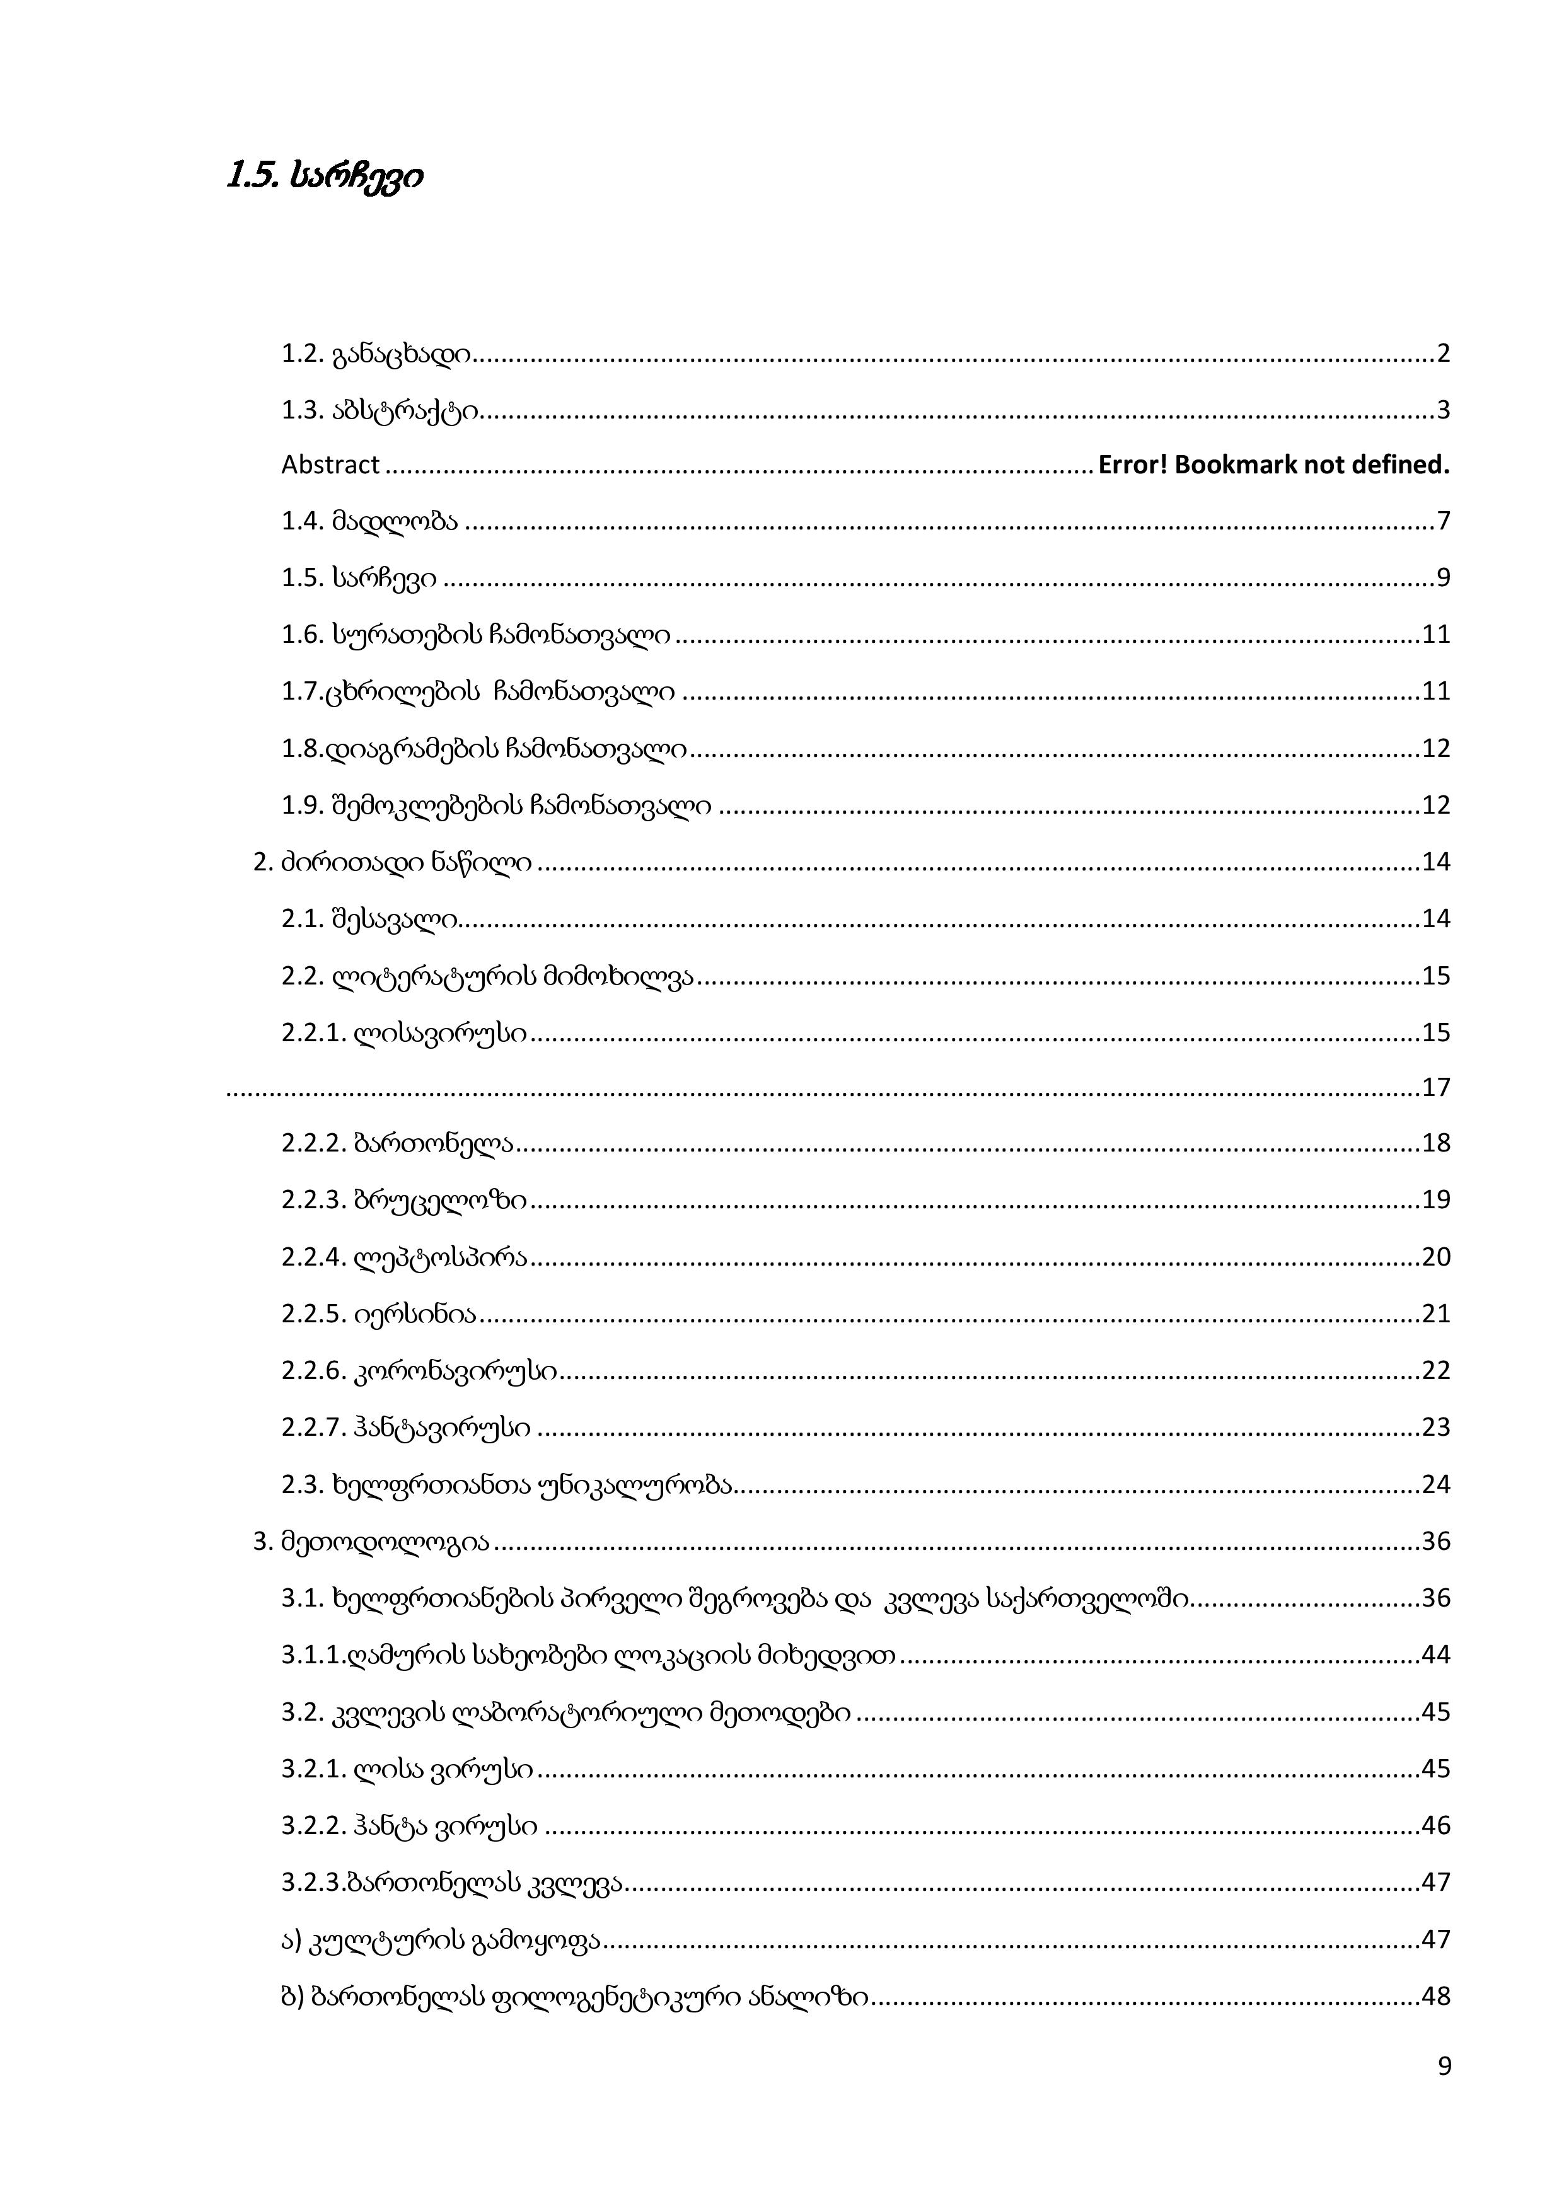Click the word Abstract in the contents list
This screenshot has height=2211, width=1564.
tap(330, 465)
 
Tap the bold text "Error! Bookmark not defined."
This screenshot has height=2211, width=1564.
tap(1273, 465)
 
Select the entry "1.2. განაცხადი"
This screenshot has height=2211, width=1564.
tap(376, 354)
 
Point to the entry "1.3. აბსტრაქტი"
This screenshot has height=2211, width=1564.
tap(379, 411)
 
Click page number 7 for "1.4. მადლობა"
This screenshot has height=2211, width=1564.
tap(1443, 522)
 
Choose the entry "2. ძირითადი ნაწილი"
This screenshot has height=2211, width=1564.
tap(392, 862)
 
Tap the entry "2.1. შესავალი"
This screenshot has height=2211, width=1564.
tap(369, 919)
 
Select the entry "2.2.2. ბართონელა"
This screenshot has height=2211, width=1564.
tap(397, 1143)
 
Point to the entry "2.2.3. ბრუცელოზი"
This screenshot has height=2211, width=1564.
tap(405, 1200)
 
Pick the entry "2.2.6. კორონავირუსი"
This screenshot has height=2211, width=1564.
tap(419, 1370)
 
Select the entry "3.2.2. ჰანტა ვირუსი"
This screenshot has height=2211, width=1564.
tap(409, 1826)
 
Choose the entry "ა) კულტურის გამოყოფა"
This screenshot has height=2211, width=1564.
tap(440, 1939)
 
